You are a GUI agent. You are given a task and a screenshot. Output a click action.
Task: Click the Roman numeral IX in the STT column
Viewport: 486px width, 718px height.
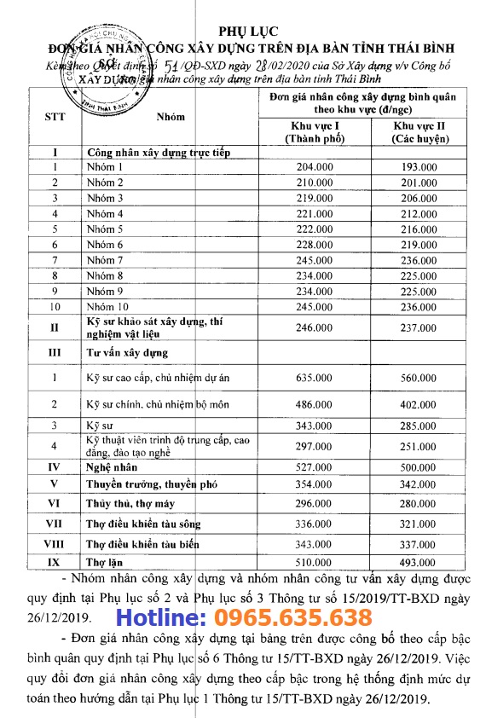pyautogui.click(x=55, y=561)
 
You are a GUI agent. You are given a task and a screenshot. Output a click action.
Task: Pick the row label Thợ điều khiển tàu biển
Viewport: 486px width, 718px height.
pyautogui.click(x=143, y=543)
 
